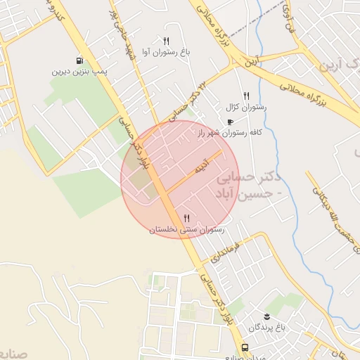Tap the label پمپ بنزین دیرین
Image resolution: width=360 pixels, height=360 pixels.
coord(79,72)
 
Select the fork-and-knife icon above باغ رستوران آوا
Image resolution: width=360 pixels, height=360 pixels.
coord(166,41)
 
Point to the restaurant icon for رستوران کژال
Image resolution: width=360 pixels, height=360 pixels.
coord(246,96)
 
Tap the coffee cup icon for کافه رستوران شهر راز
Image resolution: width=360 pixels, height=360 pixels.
coord(230,122)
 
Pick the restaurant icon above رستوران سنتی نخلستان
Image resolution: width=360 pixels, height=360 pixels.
coord(186,218)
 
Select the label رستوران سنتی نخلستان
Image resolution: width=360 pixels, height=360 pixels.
coord(186,229)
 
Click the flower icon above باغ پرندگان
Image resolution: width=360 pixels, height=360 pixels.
coord(266,316)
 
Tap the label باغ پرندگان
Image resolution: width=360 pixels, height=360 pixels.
coord(272,328)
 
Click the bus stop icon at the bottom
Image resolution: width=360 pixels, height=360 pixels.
coord(244,348)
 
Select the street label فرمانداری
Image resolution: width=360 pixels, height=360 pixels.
coord(226,253)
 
